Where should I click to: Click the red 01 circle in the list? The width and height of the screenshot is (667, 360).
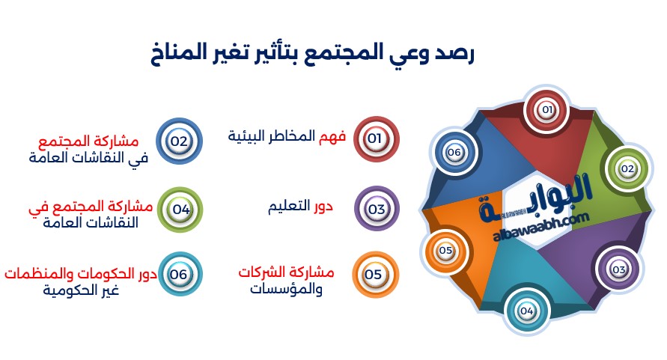click(x=376, y=138)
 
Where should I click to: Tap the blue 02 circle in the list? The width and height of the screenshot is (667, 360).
click(x=179, y=141)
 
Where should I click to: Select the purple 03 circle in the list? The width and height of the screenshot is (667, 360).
click(x=377, y=209)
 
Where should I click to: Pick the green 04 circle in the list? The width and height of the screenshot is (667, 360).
click(x=180, y=210)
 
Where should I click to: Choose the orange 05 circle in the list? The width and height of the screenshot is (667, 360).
click(x=375, y=275)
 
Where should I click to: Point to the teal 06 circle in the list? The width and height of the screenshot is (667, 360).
click(x=179, y=275)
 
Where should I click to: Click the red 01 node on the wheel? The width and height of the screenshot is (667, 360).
click(x=546, y=110)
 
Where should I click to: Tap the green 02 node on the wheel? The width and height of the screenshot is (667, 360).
click(x=627, y=169)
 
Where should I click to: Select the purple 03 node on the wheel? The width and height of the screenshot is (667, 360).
click(x=618, y=269)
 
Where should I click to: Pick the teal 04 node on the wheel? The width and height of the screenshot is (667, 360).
click(x=526, y=311)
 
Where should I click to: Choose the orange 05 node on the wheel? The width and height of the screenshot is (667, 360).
click(x=445, y=251)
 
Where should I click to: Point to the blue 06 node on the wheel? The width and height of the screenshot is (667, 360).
click(x=454, y=153)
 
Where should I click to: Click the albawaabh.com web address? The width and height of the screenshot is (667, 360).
click(x=541, y=228)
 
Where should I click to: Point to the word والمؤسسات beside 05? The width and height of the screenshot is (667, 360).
click(x=286, y=289)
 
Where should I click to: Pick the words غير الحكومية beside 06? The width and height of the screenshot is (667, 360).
click(x=81, y=290)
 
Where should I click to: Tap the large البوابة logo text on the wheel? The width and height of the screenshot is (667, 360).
click(x=536, y=198)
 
